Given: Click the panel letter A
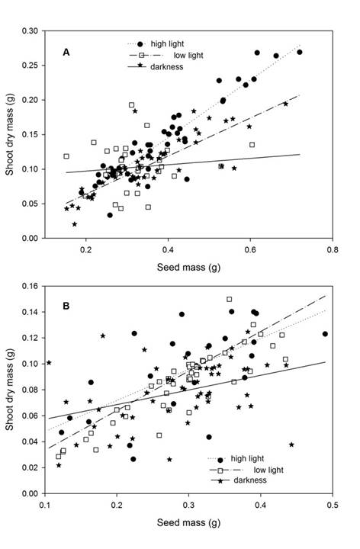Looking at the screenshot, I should [x=66, y=52].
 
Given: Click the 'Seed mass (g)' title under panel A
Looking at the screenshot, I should [x=189, y=264].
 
